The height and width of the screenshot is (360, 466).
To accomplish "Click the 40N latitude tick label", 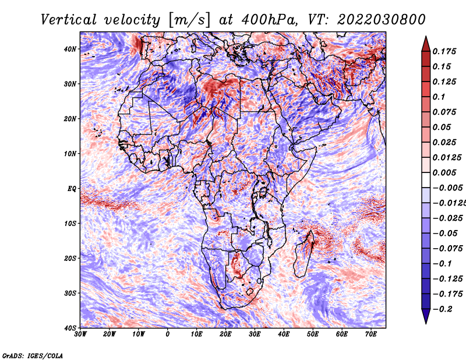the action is (70, 49).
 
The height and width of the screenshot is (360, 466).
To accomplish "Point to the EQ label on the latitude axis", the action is (72, 189).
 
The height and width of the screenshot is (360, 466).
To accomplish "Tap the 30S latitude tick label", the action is (70, 294).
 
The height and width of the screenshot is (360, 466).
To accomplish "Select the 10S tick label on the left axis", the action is (70, 224).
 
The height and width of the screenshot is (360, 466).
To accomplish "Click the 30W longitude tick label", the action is (80, 334).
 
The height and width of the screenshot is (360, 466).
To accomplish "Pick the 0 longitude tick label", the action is (168, 334).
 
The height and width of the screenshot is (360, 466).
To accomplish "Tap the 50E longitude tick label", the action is (313, 334).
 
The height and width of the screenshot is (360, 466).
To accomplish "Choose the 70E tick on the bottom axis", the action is (371, 334).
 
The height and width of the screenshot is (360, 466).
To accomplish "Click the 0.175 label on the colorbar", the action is (444, 52).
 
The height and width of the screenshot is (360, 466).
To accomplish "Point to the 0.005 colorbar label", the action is (444, 173).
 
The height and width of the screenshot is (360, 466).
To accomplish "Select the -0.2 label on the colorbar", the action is (442, 309).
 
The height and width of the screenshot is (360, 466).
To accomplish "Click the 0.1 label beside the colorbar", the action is (439, 97).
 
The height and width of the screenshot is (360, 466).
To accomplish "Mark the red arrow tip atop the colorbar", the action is (426, 37).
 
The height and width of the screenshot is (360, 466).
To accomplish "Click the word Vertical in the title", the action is (69, 20).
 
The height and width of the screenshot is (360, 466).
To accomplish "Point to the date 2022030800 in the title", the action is (382, 20).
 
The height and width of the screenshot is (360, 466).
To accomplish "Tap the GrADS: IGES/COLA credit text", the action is (33, 356).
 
